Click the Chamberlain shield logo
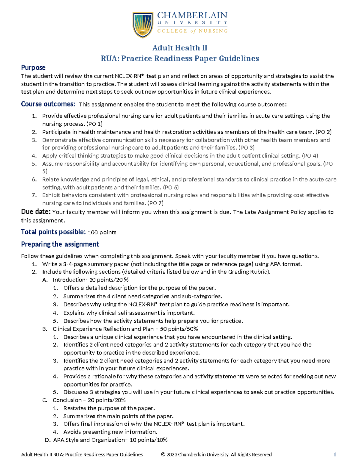point(143,25)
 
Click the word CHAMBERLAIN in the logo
point(192,16)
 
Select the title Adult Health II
point(180,48)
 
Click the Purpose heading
point(33,68)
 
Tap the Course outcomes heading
point(48,104)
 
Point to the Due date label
point(36,212)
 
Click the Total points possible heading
point(53,232)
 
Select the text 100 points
point(102,233)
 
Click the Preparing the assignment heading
point(60,244)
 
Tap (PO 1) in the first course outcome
point(94,124)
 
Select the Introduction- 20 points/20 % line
point(91,280)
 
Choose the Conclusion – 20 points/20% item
point(89,400)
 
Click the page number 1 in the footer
point(335,455)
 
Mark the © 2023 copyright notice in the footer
point(216,455)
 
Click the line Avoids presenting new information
point(110,432)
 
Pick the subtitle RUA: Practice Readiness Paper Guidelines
point(180,58)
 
